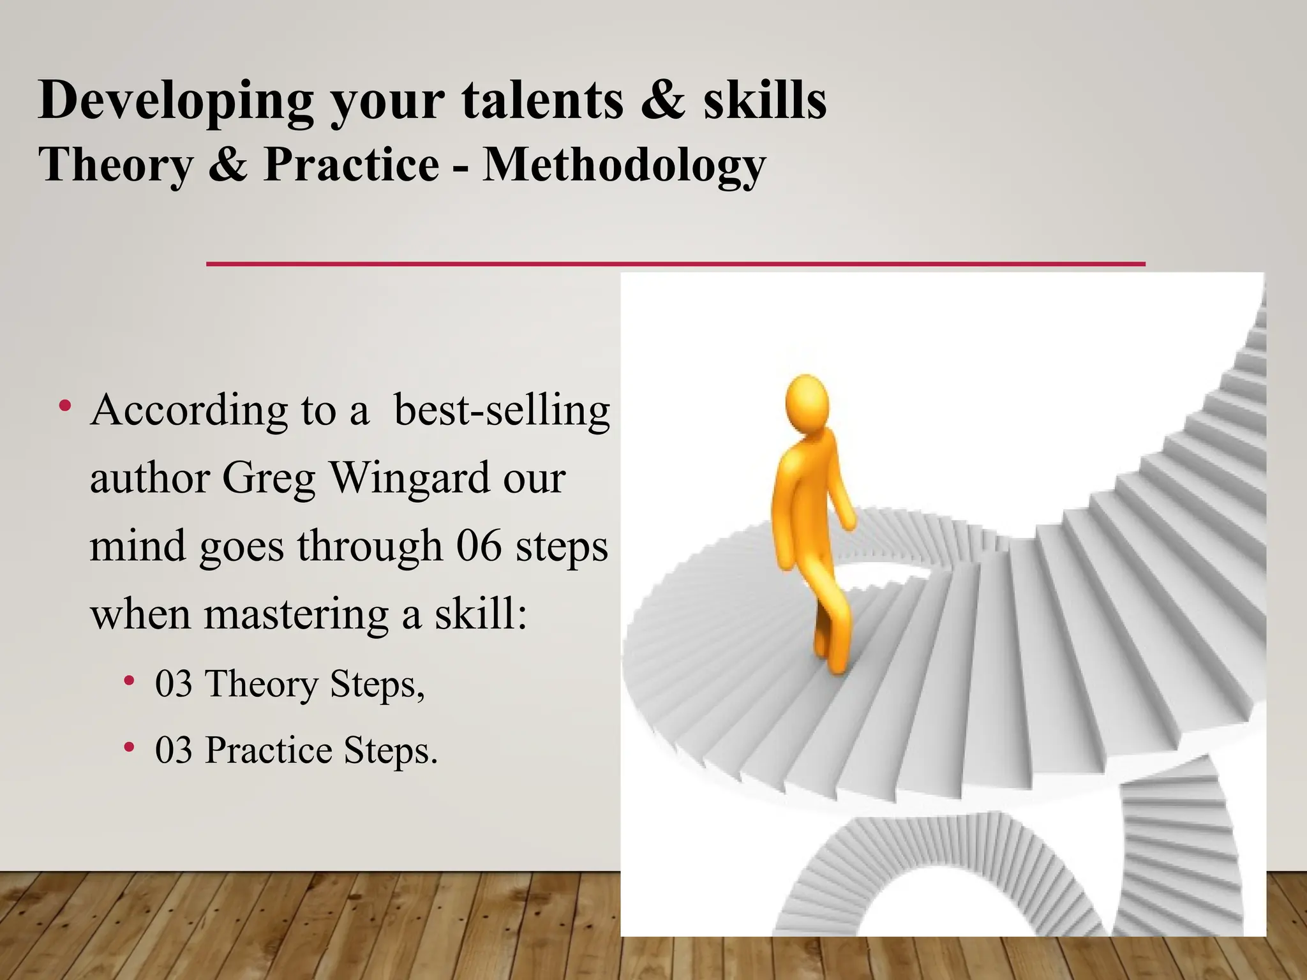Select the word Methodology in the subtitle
[624, 165]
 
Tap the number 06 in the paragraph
[479, 546]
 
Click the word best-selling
[502, 410]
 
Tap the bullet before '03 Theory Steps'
[130, 681]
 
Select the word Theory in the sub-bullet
[261, 684]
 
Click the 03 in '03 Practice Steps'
[174, 750]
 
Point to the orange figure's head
[807, 403]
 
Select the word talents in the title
[542, 101]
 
